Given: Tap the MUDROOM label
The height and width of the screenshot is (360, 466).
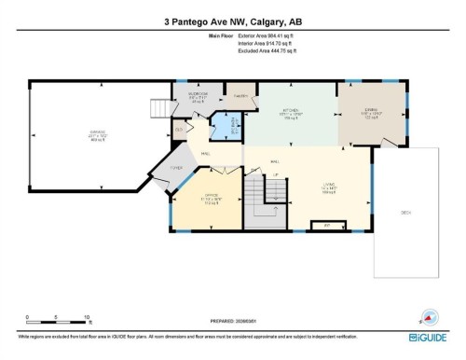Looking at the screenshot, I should (198, 94).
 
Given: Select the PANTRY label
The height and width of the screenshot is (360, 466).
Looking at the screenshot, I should (240, 96).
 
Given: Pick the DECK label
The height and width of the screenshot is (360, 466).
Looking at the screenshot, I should (406, 213).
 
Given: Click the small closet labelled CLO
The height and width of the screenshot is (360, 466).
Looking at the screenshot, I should (179, 131).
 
